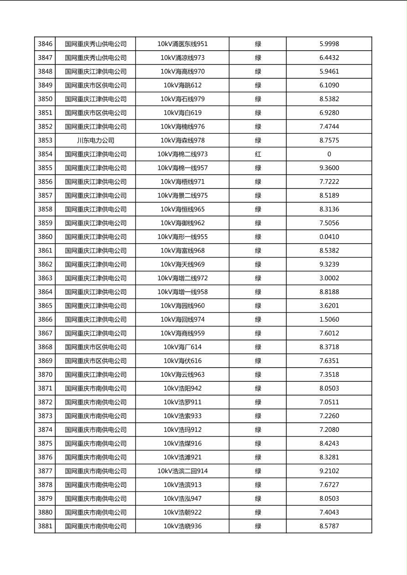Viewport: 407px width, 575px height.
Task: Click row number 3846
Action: coord(45,44)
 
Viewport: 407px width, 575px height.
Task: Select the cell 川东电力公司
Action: coord(95,140)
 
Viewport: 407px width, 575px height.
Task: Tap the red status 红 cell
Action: coord(258,154)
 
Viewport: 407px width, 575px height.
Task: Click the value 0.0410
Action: coord(329,237)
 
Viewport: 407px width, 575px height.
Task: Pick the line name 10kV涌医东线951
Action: coord(183,44)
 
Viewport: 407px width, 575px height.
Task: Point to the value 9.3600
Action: coord(329,168)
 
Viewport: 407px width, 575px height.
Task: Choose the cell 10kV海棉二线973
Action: coord(183,154)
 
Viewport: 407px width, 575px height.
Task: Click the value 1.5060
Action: coord(329,319)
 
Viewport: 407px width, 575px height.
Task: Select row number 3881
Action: coord(45,526)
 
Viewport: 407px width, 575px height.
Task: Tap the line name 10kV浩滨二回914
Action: coord(183,471)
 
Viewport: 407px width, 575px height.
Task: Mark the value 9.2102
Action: coord(329,471)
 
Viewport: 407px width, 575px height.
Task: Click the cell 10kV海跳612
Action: coord(183,85)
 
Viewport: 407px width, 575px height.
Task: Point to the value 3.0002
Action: coord(329,278)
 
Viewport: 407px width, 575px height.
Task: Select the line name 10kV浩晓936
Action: coord(183,526)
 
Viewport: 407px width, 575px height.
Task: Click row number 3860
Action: coord(45,237)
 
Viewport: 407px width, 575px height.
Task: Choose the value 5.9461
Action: coord(329,72)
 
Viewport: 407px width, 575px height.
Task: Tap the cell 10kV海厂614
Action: coord(183,347)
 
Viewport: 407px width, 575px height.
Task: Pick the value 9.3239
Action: coord(329,264)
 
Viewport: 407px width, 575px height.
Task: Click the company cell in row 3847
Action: coord(95,58)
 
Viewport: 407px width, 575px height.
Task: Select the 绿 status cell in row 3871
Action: coord(258,389)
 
